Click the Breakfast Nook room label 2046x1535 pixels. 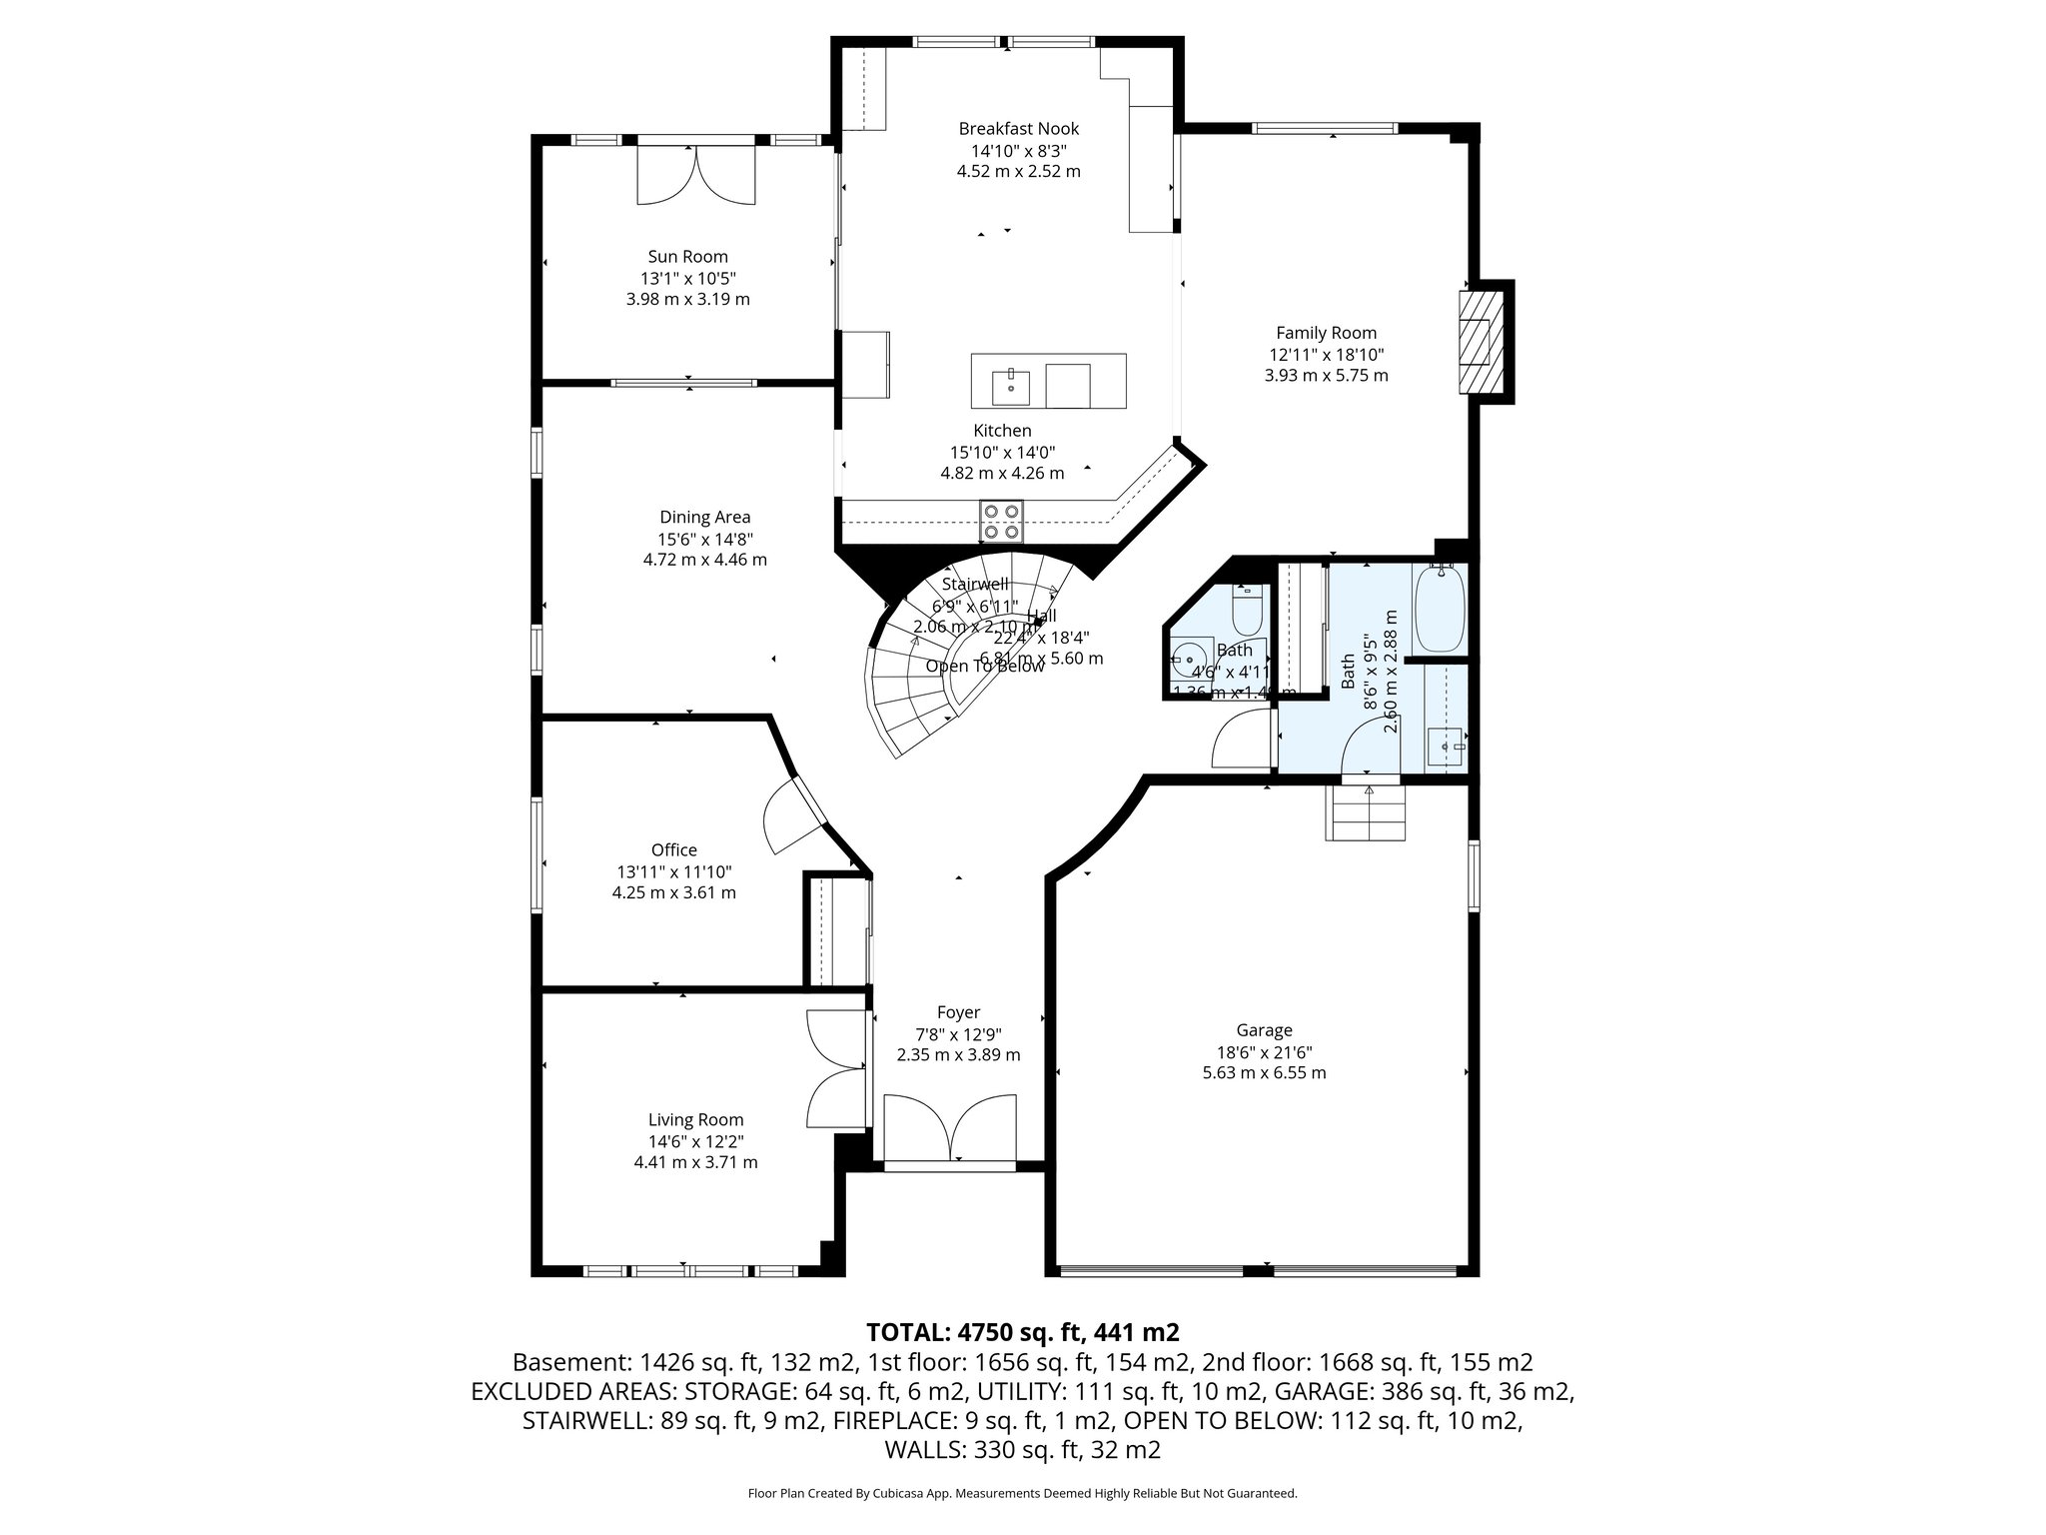pyautogui.click(x=1018, y=129)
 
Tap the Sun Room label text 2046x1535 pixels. pyautogui.click(x=687, y=257)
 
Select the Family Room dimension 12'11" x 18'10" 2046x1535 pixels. pyautogui.click(x=1326, y=355)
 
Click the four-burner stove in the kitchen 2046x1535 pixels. pyautogui.click(x=1001, y=520)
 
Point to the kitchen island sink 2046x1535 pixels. pyautogui.click(x=1011, y=387)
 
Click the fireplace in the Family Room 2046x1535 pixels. pyautogui.click(x=1481, y=342)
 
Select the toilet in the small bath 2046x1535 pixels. pyautogui.click(x=1248, y=611)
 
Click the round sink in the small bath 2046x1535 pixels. pyautogui.click(x=1189, y=661)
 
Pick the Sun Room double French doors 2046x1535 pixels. pyautogui.click(x=696, y=176)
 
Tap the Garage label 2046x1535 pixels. pyautogui.click(x=1264, y=1030)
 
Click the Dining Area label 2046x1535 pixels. pyautogui.click(x=704, y=517)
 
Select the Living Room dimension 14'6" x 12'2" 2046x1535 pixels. pyautogui.click(x=695, y=1141)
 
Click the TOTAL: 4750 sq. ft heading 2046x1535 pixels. pyautogui.click(x=1022, y=1332)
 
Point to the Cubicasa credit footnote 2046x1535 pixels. pyautogui.click(x=1022, y=1493)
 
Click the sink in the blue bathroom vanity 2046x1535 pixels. pyautogui.click(x=1445, y=747)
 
